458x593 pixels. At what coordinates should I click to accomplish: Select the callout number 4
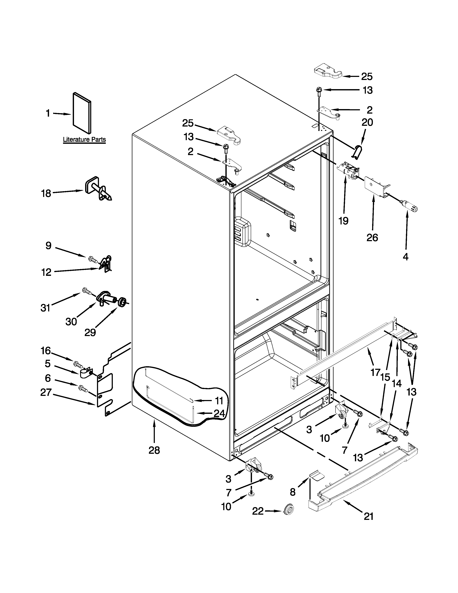pos(405,256)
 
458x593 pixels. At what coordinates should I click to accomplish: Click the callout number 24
pos(219,413)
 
